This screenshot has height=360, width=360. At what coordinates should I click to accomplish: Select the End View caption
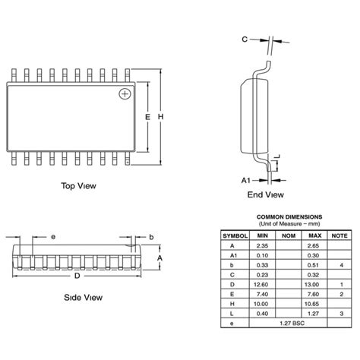pos(264,194)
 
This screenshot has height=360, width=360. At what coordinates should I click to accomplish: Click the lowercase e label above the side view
pos(54,237)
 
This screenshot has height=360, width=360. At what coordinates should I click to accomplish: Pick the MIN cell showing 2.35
pos(262,245)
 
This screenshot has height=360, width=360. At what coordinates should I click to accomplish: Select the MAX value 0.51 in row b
pos(312,264)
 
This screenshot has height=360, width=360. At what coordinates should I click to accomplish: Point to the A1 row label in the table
pos(233,255)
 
